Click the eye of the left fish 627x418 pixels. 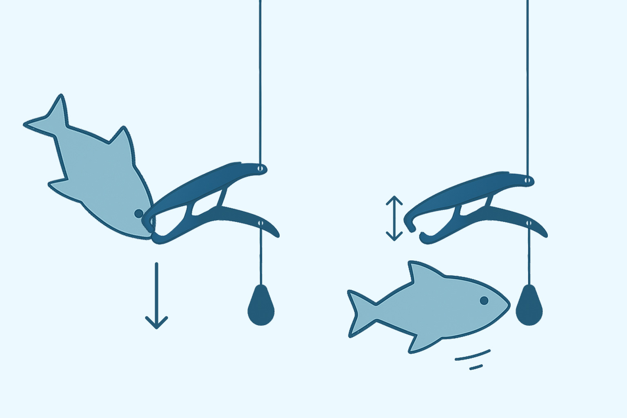point(139,213)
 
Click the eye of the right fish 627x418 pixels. point(484,300)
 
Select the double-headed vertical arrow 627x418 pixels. point(394,218)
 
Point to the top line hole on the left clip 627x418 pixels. point(260,168)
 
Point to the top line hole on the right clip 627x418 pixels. point(527,180)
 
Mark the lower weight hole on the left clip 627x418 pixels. point(261,224)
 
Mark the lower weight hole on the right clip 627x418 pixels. point(529,223)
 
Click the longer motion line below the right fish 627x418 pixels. point(473,355)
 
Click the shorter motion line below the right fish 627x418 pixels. point(476,367)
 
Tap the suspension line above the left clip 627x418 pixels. point(260,82)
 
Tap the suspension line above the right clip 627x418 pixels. point(527,82)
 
